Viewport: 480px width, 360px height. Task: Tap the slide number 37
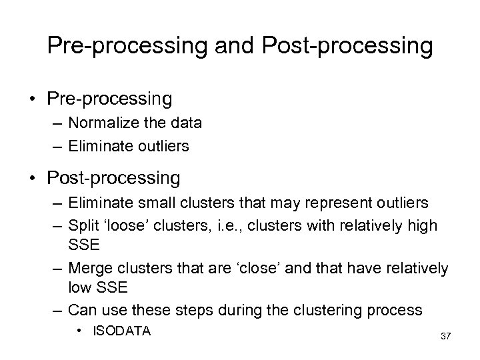[x=445, y=335]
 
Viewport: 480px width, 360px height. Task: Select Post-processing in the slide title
[x=349, y=46]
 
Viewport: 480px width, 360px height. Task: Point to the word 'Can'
[x=82, y=309]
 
